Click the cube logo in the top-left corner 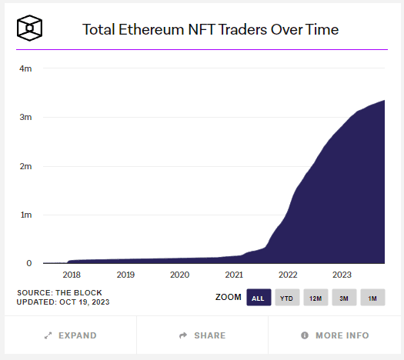29,29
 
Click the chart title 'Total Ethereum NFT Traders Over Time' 210,30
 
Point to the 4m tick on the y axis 25,68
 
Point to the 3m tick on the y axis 25,117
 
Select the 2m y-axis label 25,166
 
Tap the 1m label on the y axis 25,215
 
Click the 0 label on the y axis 28,263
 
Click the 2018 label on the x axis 72,275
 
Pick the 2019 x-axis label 125,275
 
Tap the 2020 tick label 179,275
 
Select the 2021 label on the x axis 234,275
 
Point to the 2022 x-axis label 288,275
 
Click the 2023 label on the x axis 342,275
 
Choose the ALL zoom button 259,298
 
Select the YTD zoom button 286,298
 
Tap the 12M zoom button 316,298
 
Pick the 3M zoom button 344,298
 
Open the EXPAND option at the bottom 71,335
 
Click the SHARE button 202,335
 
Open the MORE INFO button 335,335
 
